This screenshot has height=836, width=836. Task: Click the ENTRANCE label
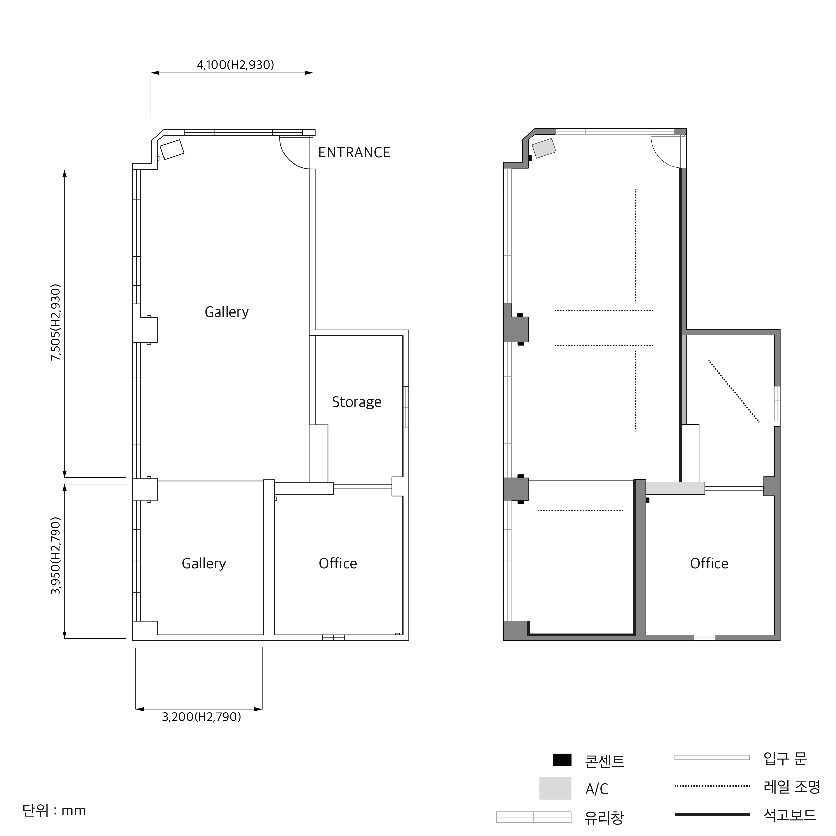(354, 153)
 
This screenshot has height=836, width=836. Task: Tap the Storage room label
(357, 402)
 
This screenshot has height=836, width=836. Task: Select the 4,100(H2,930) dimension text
(235, 65)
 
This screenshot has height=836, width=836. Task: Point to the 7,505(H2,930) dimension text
(56, 322)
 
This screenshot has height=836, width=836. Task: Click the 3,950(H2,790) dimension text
(56, 556)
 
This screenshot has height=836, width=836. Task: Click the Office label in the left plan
(338, 563)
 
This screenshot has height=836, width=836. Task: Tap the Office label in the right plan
(709, 563)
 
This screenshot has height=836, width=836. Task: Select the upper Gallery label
(227, 312)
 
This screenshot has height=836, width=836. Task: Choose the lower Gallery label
(204, 563)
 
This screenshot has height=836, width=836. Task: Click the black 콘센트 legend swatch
(562, 760)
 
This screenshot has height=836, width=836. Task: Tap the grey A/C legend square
(555, 788)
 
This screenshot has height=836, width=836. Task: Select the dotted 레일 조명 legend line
(712, 786)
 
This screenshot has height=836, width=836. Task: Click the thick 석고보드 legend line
(712, 814)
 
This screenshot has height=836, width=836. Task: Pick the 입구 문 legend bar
(712, 758)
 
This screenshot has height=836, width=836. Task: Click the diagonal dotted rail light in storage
(734, 391)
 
